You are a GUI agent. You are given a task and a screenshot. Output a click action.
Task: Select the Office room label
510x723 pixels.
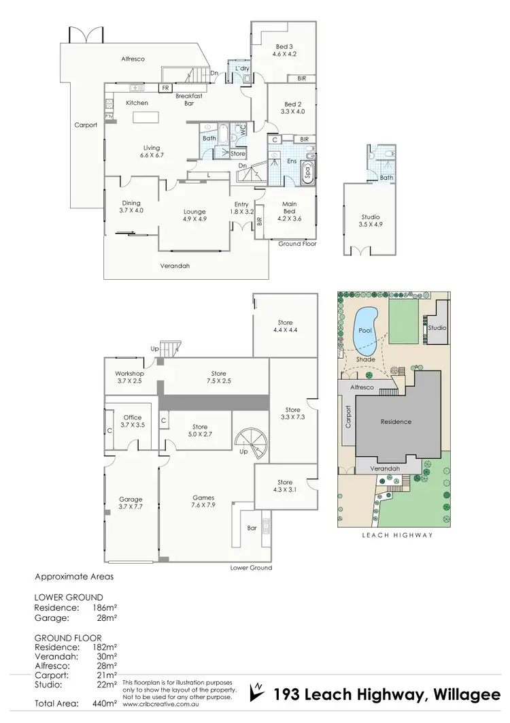click(132, 417)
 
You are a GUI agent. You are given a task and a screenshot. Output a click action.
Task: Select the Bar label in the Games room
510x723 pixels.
click(252, 528)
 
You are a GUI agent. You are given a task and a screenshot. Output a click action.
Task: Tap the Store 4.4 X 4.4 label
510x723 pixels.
click(284, 326)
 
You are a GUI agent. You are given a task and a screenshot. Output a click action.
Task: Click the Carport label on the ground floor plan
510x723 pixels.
click(86, 125)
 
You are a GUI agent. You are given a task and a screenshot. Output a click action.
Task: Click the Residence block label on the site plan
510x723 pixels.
click(396, 421)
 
